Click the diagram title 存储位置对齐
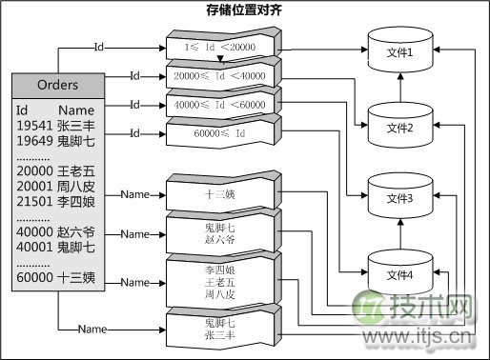pos(244,10)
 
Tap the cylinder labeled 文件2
pos(398,127)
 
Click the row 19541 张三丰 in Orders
pos(55,125)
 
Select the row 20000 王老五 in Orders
pos(55,169)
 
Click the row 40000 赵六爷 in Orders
pos(55,231)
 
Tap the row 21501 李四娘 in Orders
pos(55,198)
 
